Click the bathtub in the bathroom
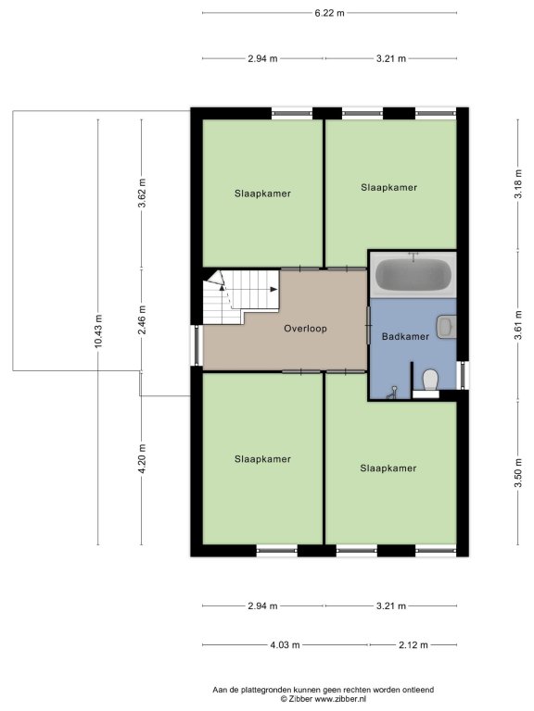pos(413,274)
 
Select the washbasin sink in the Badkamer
pos(446,327)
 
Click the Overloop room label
pos(305,329)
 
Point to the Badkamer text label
pos(405,336)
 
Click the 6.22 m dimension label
pos(330,13)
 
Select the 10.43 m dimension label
pos(98,331)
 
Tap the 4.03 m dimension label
pos(286,644)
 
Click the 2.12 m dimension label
pos(413,644)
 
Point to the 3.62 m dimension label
pos(142,193)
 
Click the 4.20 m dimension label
pos(142,459)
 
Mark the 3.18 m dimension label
pos(518,183)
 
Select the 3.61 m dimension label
pos(518,325)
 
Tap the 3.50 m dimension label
pos(518,473)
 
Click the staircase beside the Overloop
pos(240,296)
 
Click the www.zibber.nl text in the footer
pos(340,699)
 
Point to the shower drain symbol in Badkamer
pos(392,393)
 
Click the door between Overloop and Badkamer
pos(368,325)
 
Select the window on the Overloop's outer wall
pos(197,345)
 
